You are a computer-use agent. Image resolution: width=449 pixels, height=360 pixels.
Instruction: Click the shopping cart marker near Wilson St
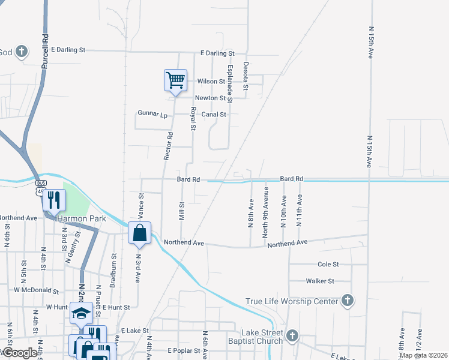click(x=175, y=80)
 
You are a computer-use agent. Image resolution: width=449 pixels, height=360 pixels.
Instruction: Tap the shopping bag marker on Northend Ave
click(x=140, y=233)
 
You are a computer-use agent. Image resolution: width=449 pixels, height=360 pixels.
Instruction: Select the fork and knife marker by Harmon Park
click(x=54, y=199)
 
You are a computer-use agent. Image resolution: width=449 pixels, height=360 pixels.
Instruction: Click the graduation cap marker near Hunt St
click(x=81, y=313)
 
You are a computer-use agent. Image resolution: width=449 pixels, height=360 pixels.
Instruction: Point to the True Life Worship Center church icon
click(x=347, y=301)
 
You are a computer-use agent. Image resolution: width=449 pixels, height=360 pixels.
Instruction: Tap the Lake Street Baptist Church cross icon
click(x=292, y=335)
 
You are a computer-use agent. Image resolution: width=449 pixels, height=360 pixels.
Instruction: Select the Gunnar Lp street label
click(x=151, y=113)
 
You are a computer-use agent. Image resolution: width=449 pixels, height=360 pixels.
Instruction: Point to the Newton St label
click(x=209, y=98)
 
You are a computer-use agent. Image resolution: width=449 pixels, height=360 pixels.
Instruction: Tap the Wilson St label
click(x=211, y=81)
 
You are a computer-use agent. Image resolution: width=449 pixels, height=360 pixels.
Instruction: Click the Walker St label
click(x=319, y=281)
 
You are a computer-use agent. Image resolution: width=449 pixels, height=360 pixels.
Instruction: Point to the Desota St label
click(x=246, y=76)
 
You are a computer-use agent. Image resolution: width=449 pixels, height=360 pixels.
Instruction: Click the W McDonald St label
click(x=35, y=291)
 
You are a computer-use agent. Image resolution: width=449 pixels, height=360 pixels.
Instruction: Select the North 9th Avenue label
click(x=265, y=212)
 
